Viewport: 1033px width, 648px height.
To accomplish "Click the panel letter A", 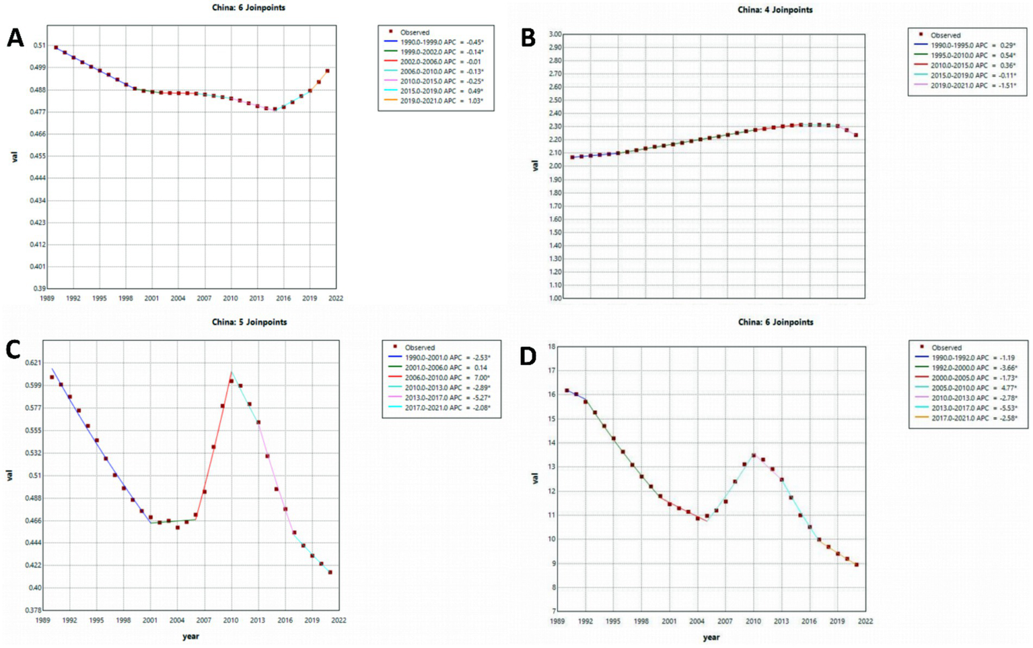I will [x=15, y=38].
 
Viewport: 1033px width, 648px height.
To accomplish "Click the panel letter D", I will [x=528, y=356].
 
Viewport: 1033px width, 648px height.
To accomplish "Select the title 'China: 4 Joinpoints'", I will [x=775, y=10].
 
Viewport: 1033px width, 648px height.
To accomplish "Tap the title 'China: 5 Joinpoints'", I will [x=249, y=322].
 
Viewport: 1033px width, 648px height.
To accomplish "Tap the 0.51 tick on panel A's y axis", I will [x=40, y=46].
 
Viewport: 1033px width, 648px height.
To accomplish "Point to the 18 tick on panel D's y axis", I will [x=551, y=347].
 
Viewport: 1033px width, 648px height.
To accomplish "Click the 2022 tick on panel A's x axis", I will [x=335, y=298].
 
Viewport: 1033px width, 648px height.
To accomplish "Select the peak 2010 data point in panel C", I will [x=231, y=381].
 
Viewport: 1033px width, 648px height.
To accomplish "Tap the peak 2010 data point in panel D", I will [x=754, y=455].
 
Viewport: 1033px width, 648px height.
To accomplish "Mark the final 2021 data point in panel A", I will [x=328, y=71].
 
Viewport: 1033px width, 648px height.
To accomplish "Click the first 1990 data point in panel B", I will [x=573, y=158].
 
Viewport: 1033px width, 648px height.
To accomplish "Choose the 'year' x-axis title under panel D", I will [x=711, y=637].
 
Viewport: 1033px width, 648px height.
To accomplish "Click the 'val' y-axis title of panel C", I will [x=9, y=476].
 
